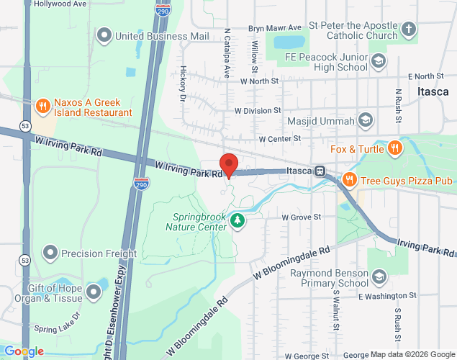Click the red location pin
point(229,165)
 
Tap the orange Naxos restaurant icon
point(43,107)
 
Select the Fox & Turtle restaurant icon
point(394,149)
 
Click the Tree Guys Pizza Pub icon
point(349,179)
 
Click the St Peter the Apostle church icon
point(408,30)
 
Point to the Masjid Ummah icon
point(366,120)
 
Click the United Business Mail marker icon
point(105,35)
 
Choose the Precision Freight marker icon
point(50,253)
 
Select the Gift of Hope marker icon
point(93,292)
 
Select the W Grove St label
point(301,216)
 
